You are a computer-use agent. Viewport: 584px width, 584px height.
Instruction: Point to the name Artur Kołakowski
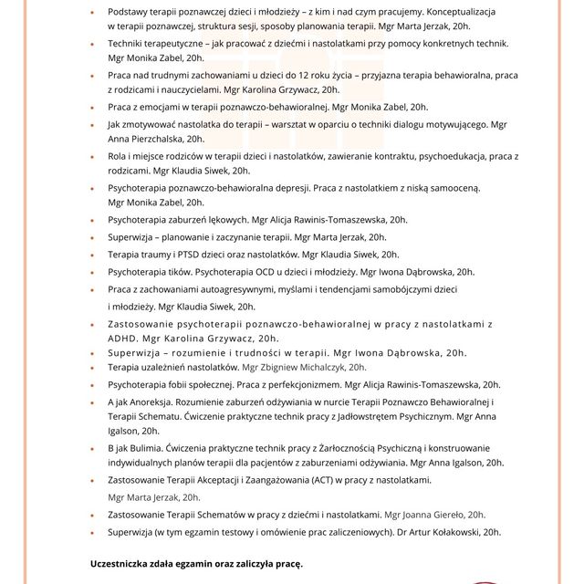click(x=443, y=531)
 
